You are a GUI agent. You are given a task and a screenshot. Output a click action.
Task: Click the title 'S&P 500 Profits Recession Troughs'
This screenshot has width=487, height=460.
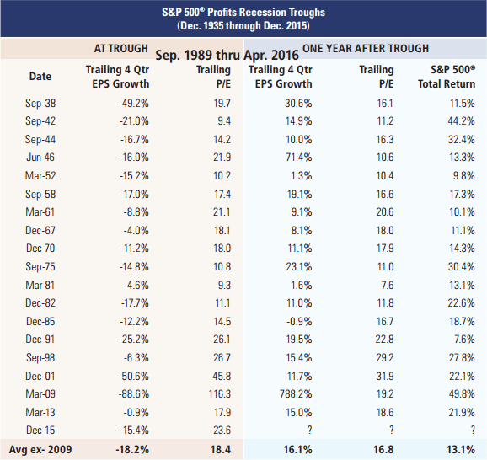pos(243,13)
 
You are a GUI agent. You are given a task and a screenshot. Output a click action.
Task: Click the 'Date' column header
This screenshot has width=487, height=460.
pos(40,77)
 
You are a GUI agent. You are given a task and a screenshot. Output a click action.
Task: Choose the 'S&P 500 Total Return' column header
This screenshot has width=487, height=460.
pos(447,77)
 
